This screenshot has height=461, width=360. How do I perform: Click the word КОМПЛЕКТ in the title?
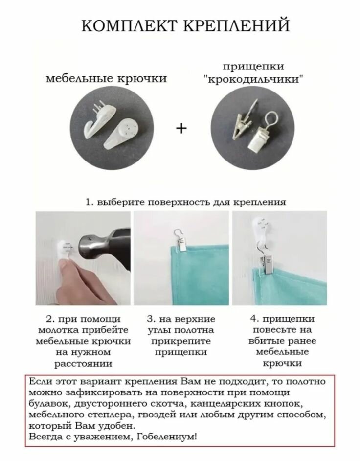(x=129, y=25)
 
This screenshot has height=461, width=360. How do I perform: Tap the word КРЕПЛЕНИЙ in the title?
(x=237, y=25)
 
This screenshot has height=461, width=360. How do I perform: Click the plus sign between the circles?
(x=181, y=128)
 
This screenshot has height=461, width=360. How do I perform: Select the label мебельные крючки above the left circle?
(x=106, y=79)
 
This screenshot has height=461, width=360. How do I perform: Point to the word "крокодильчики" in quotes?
(x=253, y=79)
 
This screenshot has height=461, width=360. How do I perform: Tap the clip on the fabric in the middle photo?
(x=180, y=240)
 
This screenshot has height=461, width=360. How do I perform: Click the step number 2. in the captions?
(x=49, y=319)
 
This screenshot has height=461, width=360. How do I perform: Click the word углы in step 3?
(x=158, y=330)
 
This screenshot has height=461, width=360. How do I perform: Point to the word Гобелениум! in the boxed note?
(x=167, y=437)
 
